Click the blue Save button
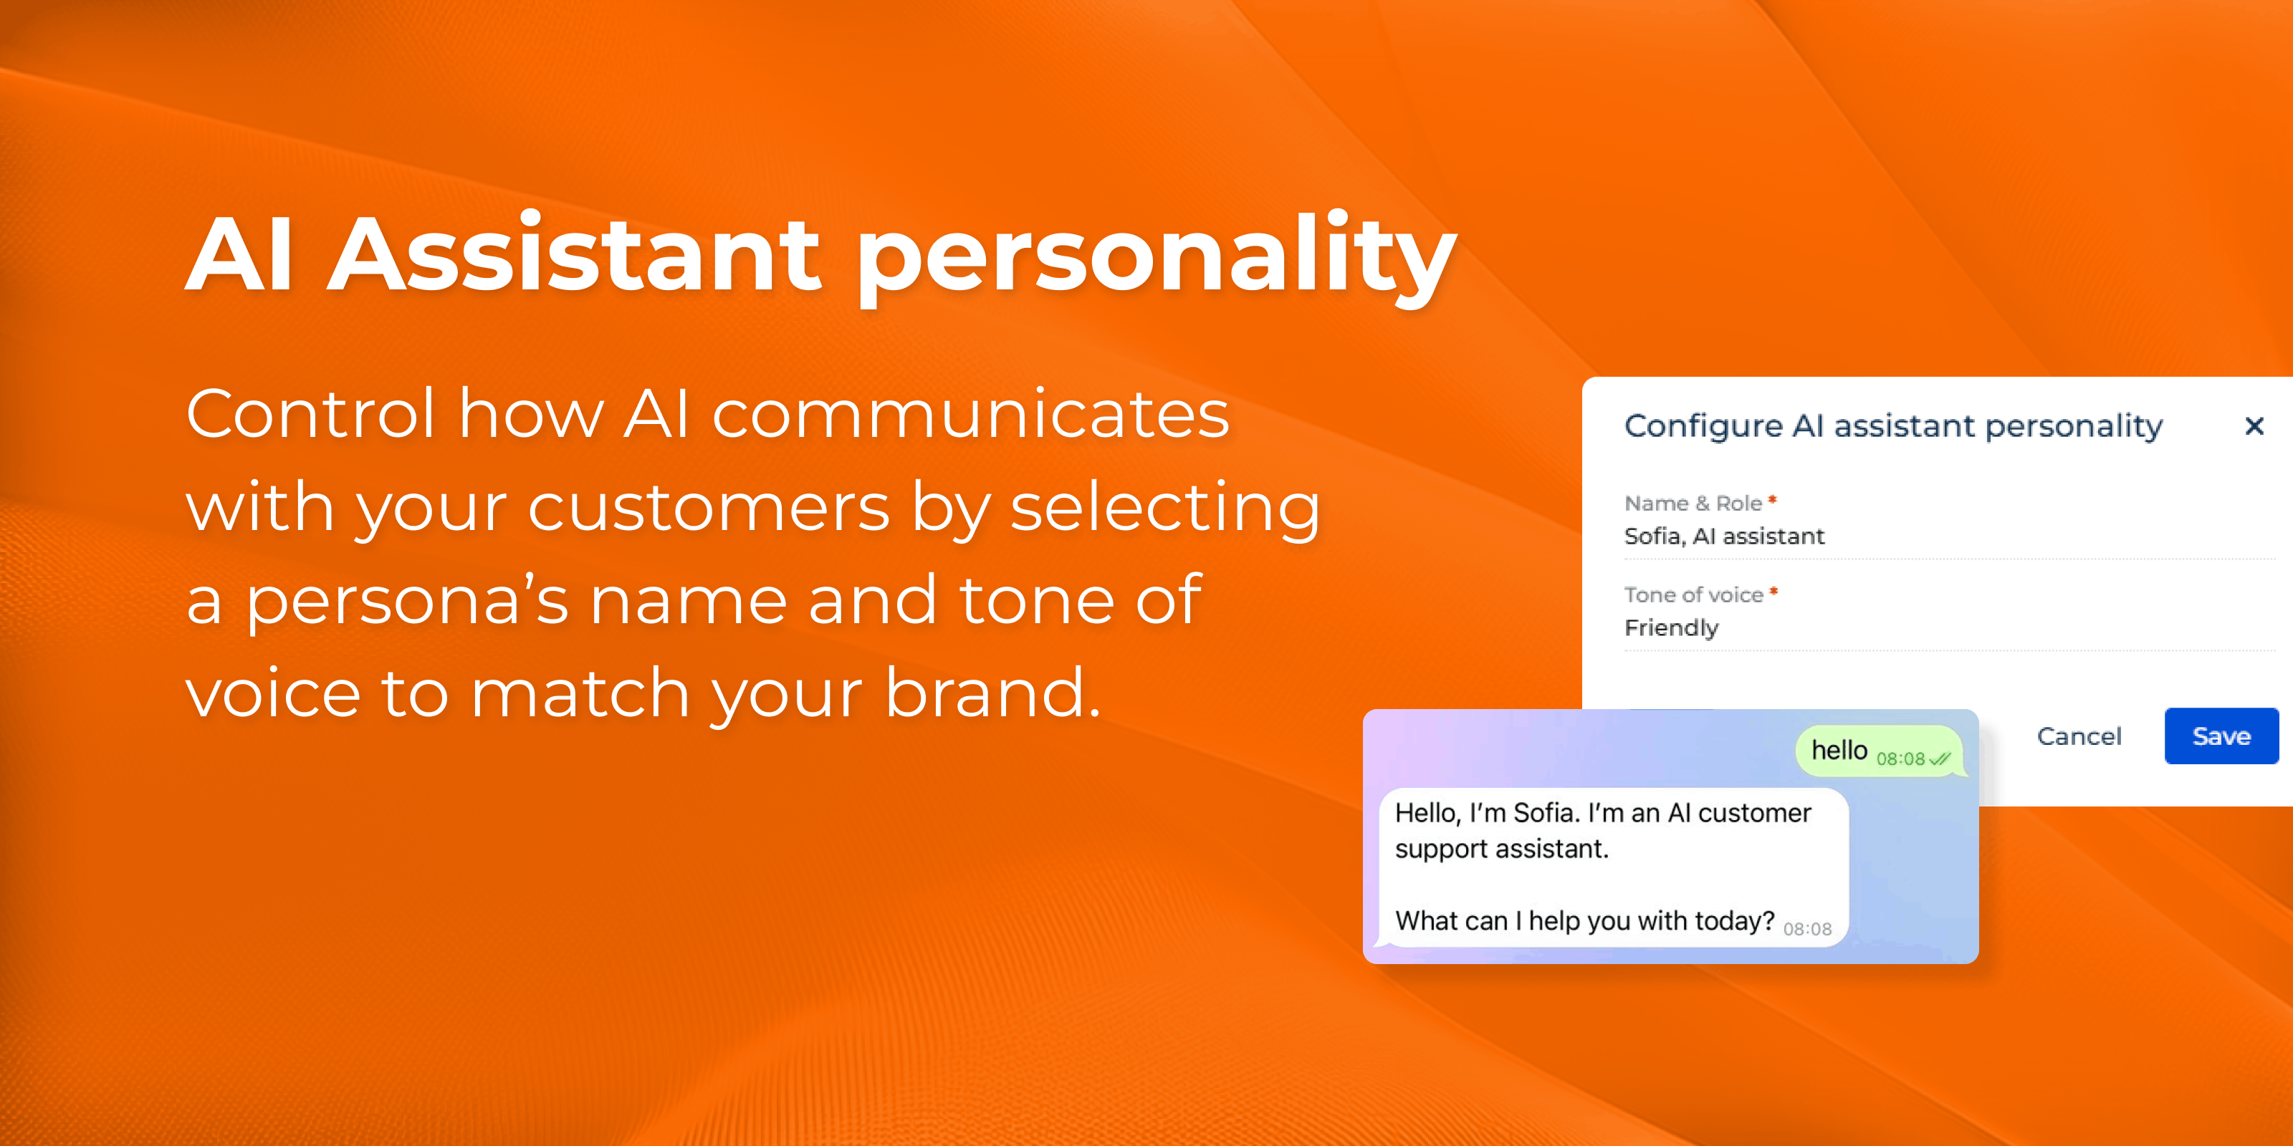[x=2221, y=736]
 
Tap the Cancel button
[x=2079, y=736]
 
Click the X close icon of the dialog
[x=2254, y=426]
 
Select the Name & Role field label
[x=1693, y=503]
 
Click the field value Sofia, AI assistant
[x=1724, y=536]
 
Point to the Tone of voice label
[x=1694, y=594]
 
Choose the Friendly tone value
[x=1672, y=628]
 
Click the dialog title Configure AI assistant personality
[x=1893, y=426]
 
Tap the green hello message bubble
[x=1881, y=751]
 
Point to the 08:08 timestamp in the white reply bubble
[x=1807, y=929]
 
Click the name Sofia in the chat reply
[x=1543, y=812]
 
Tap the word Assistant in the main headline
[x=575, y=254]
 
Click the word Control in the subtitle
[x=311, y=414]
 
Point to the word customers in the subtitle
[x=709, y=507]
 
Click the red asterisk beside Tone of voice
[x=1773, y=590]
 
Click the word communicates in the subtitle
[x=970, y=414]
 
